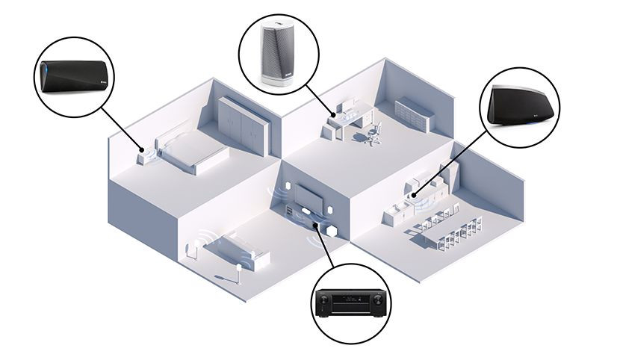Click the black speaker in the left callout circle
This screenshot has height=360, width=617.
click(x=73, y=77)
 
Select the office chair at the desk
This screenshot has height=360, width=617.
click(x=373, y=134)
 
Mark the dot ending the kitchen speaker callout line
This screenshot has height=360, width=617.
click(x=415, y=196)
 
